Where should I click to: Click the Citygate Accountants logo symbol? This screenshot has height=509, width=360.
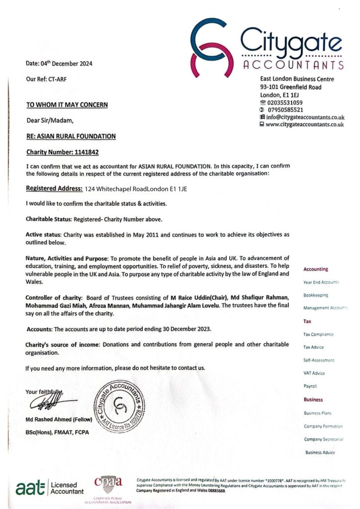pos(212,46)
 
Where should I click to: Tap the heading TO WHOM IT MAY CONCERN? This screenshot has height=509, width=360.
pos(67,105)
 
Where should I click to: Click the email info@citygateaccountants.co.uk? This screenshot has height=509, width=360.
pos(305,117)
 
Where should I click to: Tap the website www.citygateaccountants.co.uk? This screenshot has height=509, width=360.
pos(304,125)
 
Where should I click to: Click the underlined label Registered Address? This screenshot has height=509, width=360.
pos(54,189)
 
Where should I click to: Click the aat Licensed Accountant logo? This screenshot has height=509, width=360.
pos(50,488)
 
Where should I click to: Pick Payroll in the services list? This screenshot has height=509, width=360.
pos(310,386)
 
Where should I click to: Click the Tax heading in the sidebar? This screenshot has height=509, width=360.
pos(307,322)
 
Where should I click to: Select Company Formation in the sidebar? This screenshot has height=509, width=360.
pos(323,426)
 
